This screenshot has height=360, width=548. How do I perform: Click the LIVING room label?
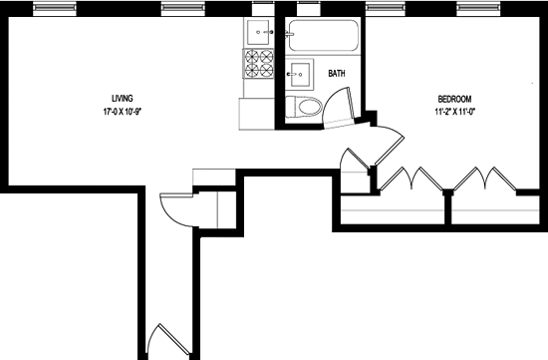[122, 99]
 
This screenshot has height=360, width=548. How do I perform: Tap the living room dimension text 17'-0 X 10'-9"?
[122, 112]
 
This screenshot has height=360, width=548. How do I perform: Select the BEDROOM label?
[454, 99]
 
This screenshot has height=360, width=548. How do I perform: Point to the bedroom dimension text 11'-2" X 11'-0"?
[454, 112]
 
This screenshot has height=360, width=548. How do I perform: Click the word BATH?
[337, 74]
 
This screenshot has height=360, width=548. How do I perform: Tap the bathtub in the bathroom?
[323, 36]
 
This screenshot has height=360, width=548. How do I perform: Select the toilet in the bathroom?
[303, 107]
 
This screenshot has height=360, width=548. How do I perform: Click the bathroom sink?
[300, 74]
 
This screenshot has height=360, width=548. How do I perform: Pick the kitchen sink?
[259, 32]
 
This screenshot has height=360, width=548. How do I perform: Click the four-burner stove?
[259, 63]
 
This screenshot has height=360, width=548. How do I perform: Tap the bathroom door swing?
[339, 108]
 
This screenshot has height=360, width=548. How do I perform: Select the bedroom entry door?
[388, 145]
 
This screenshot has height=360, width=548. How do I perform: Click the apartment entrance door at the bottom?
[168, 340]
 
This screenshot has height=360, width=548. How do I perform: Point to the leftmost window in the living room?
[55, 8]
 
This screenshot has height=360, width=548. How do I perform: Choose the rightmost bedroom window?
[478, 8]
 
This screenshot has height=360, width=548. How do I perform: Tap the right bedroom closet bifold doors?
[484, 179]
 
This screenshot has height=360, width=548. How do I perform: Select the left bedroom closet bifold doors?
[411, 179]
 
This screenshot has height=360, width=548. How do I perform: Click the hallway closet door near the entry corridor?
[176, 209]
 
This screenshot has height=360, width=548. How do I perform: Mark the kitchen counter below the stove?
[256, 114]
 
